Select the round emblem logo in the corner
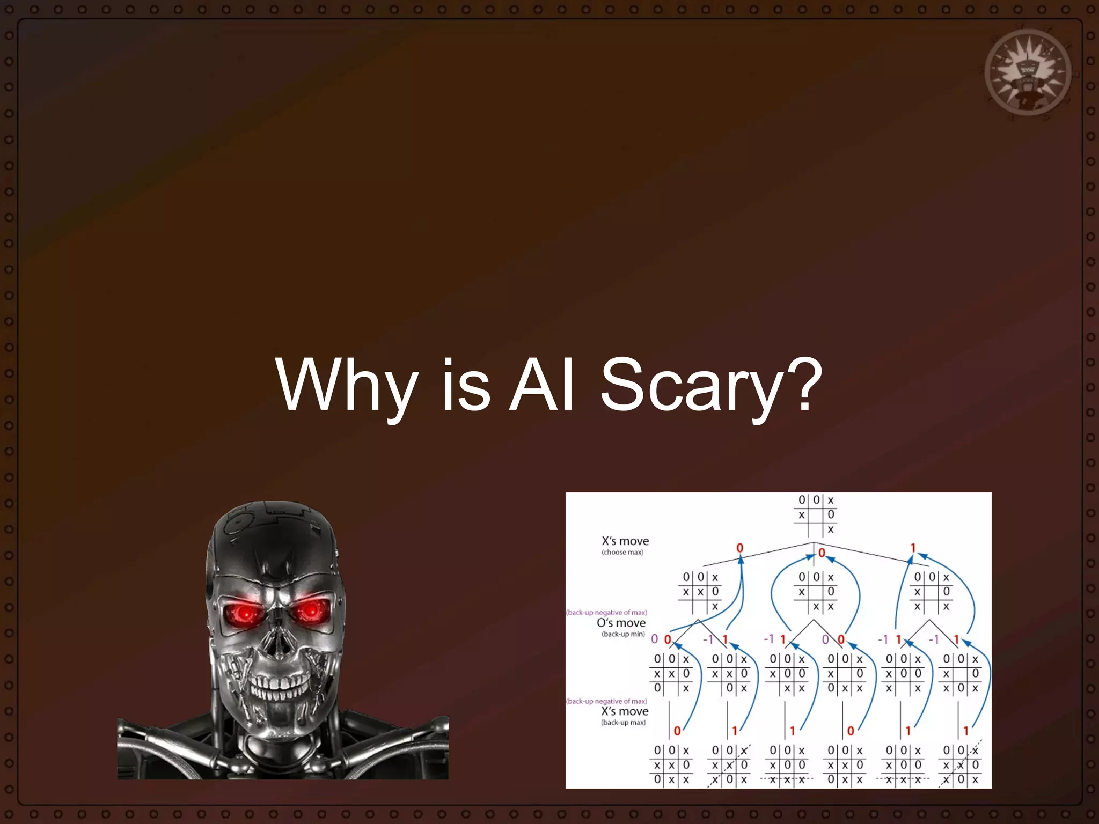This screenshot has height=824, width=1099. tap(1028, 72)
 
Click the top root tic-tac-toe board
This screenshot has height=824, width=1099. tap(816, 515)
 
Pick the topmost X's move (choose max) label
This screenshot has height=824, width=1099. tap(625, 545)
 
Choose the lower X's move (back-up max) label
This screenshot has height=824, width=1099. tap(624, 713)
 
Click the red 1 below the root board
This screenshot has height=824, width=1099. tap(913, 548)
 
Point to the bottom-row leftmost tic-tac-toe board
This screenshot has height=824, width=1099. tap(671, 765)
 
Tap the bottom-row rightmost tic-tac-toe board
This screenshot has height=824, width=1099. tap(961, 765)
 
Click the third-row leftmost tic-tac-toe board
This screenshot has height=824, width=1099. tap(671, 674)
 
